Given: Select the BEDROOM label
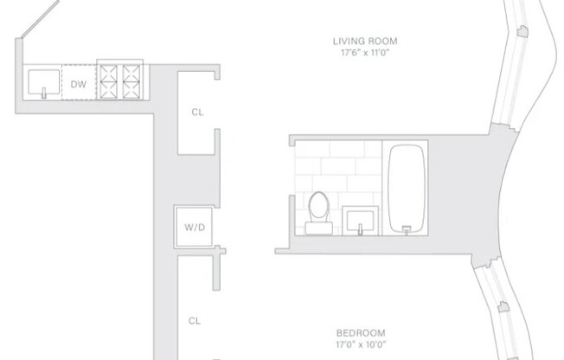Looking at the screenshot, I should (x=362, y=332).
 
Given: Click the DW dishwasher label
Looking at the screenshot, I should (x=77, y=83).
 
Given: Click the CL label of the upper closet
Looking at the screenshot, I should (x=196, y=111).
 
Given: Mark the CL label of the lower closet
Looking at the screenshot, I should (x=195, y=320).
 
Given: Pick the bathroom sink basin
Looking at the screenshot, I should (x=359, y=219).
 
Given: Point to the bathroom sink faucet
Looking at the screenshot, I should (x=359, y=230).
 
